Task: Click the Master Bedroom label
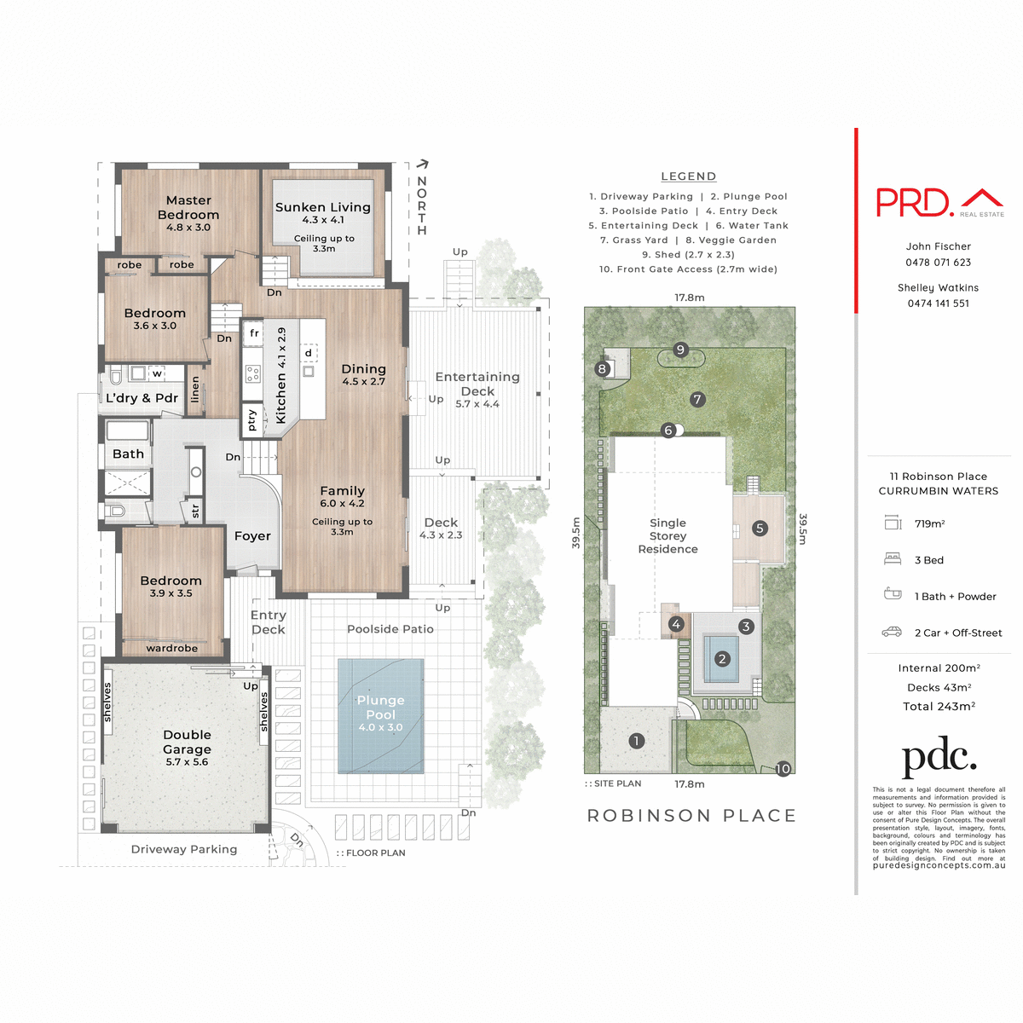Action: pos(188,208)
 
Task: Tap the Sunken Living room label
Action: pos(322,207)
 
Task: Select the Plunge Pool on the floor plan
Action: pos(380,714)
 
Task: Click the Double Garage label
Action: pos(187,742)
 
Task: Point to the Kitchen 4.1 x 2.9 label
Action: pos(281,375)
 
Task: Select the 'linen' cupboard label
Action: pos(195,390)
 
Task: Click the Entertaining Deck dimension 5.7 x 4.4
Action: pos(477,404)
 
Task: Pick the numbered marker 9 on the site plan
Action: pos(680,350)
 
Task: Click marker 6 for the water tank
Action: pos(669,431)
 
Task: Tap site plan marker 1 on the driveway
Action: pos(636,741)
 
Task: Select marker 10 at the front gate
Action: pos(783,769)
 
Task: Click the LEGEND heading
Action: pos(688,176)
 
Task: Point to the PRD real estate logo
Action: pos(939,202)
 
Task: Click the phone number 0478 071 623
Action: pos(938,263)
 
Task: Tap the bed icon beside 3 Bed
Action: pos(893,559)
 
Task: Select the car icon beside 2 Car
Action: pos(892,632)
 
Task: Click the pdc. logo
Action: pos(939,757)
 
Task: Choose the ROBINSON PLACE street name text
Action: pos(691,816)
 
